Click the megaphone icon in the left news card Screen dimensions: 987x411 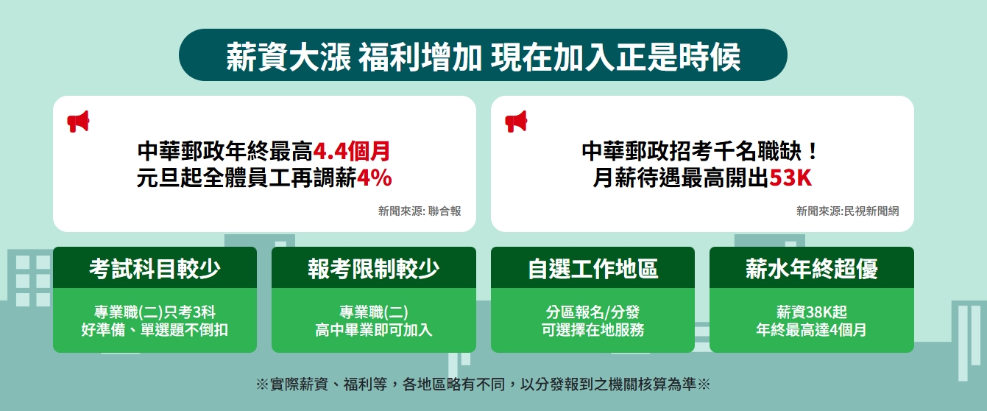click(78, 122)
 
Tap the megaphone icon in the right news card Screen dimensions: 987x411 click(516, 122)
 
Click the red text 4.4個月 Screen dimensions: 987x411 click(351, 151)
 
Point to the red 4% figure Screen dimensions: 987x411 click(374, 178)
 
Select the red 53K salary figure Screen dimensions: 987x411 click(790, 178)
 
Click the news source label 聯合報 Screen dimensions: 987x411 click(445, 211)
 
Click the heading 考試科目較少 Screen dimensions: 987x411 click(155, 269)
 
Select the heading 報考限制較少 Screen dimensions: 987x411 click(374, 269)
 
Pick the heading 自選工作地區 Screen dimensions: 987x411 click(592, 269)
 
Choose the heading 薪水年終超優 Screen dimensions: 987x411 click(812, 269)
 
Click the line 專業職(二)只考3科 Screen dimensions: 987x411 click(155, 312)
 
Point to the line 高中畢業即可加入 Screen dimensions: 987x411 click(374, 330)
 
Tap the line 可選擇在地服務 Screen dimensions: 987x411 click(592, 330)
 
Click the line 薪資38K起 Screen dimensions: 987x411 click(812, 312)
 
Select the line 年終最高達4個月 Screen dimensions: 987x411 click(812, 330)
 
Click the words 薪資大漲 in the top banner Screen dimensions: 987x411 click(289, 57)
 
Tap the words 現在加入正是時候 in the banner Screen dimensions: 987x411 click(615, 57)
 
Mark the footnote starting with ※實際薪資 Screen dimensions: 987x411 click(483, 384)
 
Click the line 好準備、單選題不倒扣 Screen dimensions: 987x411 click(155, 330)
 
